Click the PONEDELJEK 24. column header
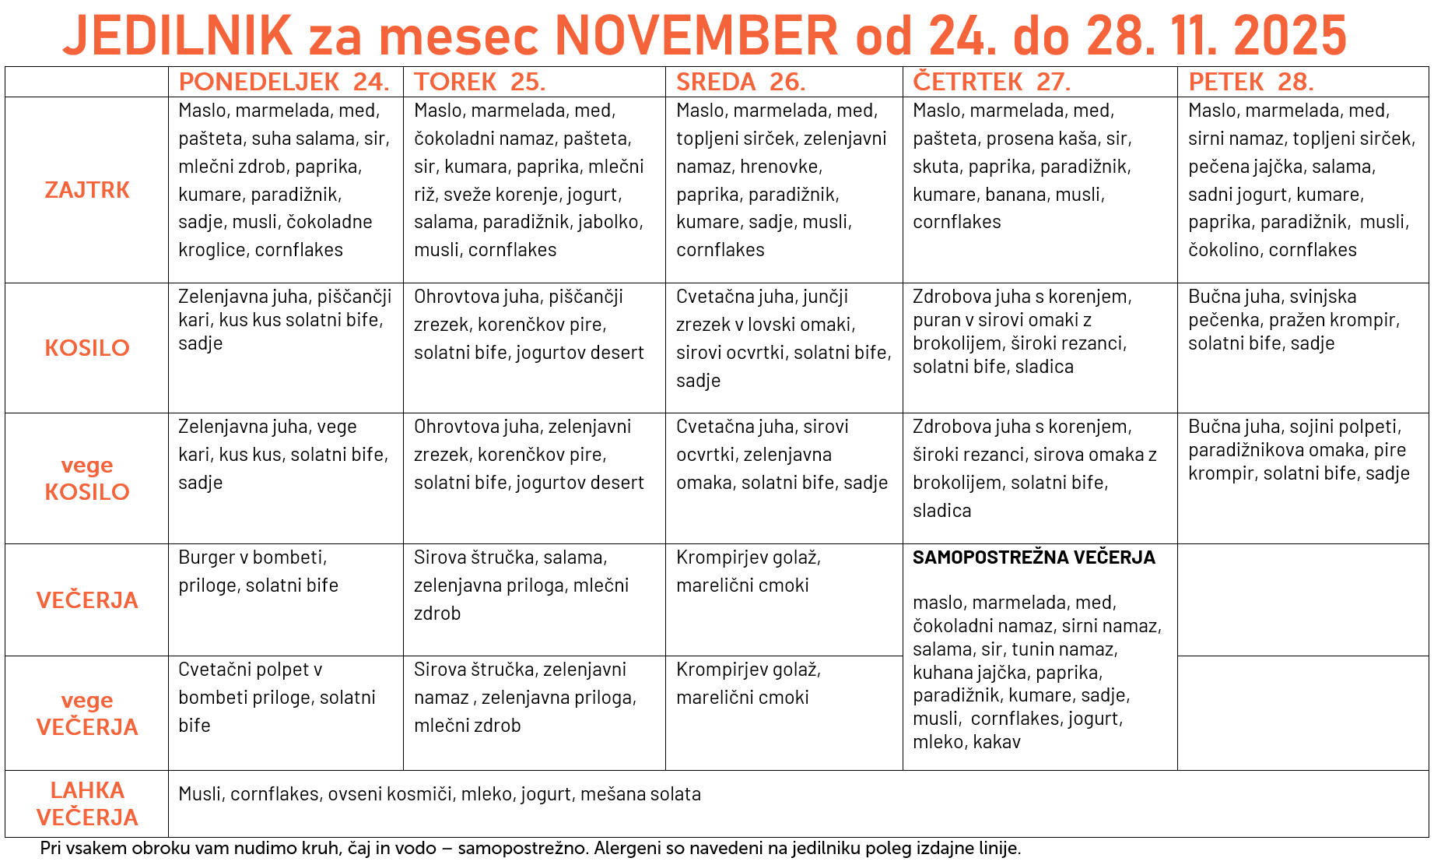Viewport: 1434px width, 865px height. click(x=284, y=82)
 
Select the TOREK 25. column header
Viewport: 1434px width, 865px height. click(x=479, y=82)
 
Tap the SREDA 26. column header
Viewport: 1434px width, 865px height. click(x=740, y=82)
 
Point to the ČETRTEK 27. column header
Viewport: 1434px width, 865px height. click(x=991, y=82)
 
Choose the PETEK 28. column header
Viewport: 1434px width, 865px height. click(x=1250, y=82)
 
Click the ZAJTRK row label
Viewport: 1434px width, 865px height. click(x=87, y=190)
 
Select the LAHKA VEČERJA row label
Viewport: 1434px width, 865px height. click(x=87, y=803)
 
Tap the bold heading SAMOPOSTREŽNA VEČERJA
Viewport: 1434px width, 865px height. click(x=1033, y=557)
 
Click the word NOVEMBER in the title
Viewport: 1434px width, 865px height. click(x=696, y=36)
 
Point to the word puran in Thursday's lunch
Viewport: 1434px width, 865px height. click(x=936, y=320)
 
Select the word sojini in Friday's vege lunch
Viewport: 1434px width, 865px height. click(x=1319, y=427)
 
